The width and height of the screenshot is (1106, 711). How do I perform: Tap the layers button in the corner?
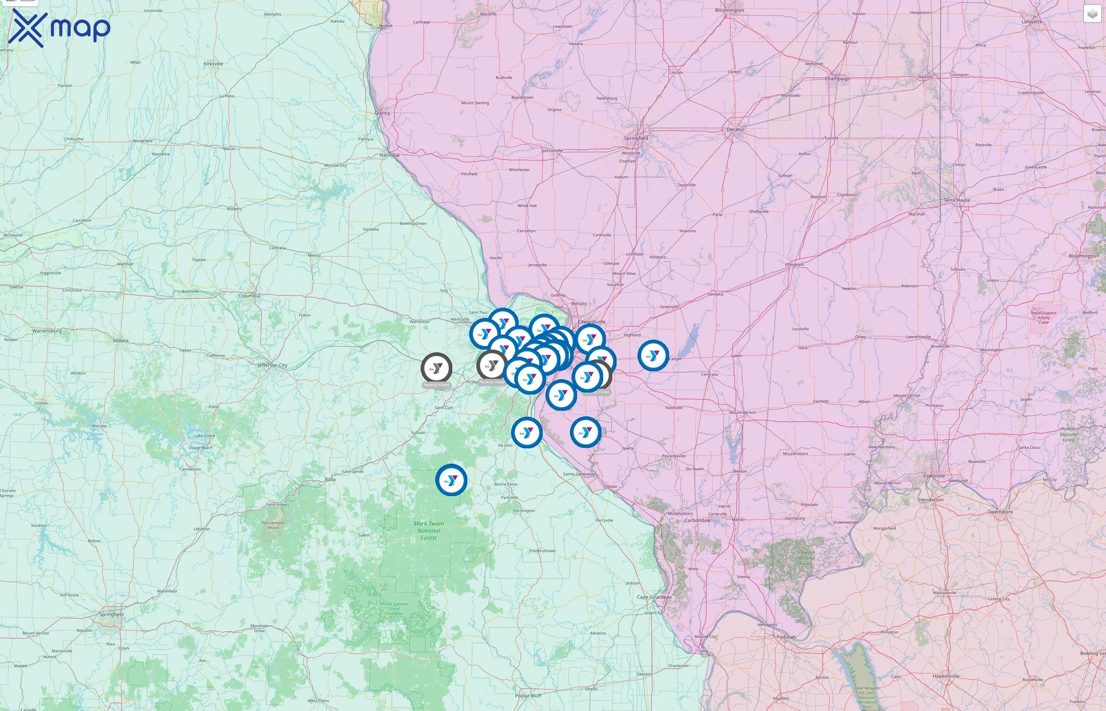coord(1092,14)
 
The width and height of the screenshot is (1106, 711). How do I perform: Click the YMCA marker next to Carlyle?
coord(653,355)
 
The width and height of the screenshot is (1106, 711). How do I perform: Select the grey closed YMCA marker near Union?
coord(436,368)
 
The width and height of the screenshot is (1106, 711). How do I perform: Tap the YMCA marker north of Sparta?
coord(585,432)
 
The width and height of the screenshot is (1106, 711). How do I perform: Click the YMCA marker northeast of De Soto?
coord(526,433)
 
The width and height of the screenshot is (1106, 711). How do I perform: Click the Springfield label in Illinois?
coord(636,138)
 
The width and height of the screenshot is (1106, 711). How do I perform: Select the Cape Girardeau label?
coord(654,597)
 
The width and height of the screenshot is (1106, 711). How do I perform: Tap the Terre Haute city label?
coord(956,200)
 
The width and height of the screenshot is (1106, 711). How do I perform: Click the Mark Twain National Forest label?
coord(428,530)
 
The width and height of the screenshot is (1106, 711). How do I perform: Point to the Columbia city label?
coord(249,296)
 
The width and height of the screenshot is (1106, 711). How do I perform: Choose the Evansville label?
coord(934,476)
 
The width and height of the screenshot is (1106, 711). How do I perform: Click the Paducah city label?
coord(786,637)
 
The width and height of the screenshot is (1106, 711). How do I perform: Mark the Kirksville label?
coord(213,64)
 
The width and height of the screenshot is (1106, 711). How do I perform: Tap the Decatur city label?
coord(735,129)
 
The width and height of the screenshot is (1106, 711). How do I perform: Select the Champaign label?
coord(837,79)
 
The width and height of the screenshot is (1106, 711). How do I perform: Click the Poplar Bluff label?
coord(528,696)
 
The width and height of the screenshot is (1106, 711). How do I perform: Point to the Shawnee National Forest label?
coord(805,558)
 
